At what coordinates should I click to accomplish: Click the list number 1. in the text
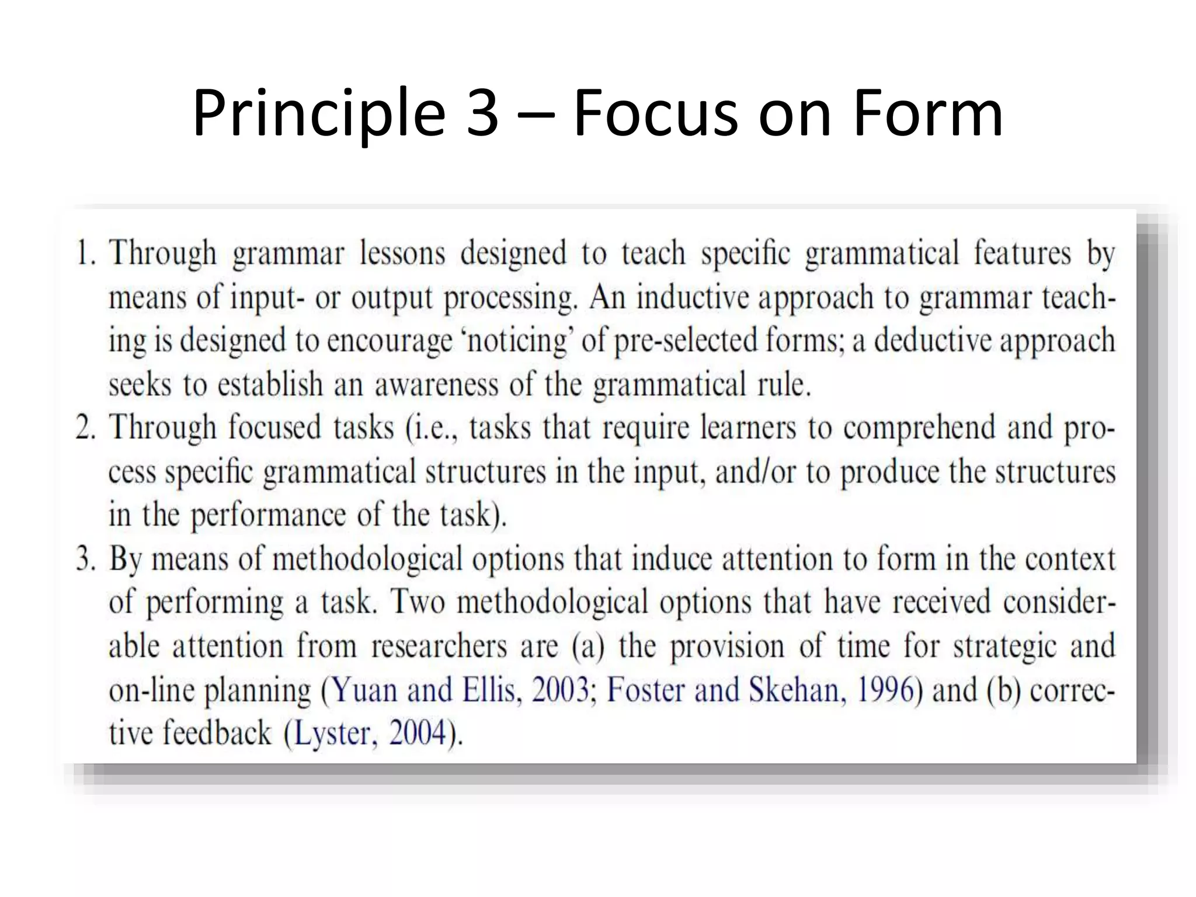(86, 253)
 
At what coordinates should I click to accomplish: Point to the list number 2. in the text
(86, 427)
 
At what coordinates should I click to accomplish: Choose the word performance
(269, 516)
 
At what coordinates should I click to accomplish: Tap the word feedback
(217, 733)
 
